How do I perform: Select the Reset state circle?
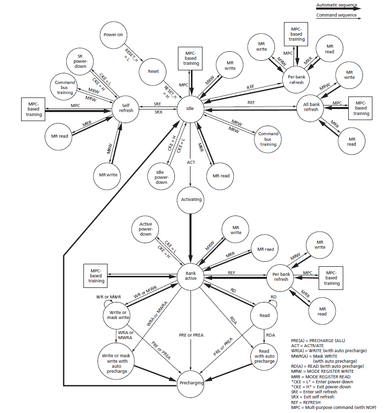(154, 71)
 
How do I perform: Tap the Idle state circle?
(190, 108)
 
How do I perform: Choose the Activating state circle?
(190, 199)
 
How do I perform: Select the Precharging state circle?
(190, 383)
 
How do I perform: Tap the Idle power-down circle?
(161, 175)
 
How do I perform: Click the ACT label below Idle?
(191, 162)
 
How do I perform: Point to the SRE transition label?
(157, 103)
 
